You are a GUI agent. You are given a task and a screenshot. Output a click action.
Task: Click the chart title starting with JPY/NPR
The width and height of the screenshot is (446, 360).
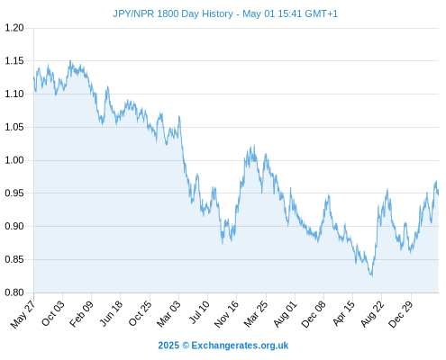(x=225, y=13)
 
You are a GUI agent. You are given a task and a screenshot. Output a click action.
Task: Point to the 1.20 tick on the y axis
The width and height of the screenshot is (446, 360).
(x=14, y=28)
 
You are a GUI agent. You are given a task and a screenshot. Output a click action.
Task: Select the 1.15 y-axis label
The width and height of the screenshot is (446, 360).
(x=14, y=61)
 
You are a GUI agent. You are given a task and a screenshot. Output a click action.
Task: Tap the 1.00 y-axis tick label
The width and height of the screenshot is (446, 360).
(x=14, y=160)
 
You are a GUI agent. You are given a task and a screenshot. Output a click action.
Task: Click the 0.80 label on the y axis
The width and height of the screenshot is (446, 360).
(x=14, y=292)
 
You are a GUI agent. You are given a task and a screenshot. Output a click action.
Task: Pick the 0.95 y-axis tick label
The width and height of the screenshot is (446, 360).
(x=14, y=193)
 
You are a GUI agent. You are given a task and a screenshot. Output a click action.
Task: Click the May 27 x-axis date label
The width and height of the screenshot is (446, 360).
(x=23, y=314)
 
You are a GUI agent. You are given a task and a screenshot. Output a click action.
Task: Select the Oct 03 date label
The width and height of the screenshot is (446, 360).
(x=52, y=313)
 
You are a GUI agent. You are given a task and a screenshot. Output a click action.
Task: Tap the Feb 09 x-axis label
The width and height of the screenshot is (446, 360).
(x=81, y=314)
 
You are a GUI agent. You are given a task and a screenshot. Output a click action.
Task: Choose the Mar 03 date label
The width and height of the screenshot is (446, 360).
(x=168, y=314)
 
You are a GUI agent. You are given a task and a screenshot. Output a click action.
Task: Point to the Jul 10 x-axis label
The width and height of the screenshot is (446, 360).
(x=199, y=312)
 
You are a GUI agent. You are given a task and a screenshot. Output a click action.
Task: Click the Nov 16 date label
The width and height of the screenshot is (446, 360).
(x=226, y=314)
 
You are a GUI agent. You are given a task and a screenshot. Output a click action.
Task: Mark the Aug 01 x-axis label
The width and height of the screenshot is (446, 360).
(x=285, y=314)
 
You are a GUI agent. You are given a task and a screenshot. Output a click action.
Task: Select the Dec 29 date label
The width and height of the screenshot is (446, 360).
(x=401, y=314)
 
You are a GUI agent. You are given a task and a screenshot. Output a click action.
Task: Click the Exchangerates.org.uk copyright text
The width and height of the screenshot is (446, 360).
(x=223, y=346)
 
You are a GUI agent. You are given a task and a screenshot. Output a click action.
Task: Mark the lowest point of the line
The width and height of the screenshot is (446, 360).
(x=372, y=276)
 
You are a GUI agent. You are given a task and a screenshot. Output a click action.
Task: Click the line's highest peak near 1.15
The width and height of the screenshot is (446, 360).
(x=70, y=60)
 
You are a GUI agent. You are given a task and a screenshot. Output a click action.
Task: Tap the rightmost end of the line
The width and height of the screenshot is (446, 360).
(x=438, y=194)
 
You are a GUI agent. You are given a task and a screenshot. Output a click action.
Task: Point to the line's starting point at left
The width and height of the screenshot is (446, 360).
(x=33, y=77)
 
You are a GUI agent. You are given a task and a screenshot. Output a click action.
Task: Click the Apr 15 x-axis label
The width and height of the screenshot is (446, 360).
(x=343, y=314)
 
